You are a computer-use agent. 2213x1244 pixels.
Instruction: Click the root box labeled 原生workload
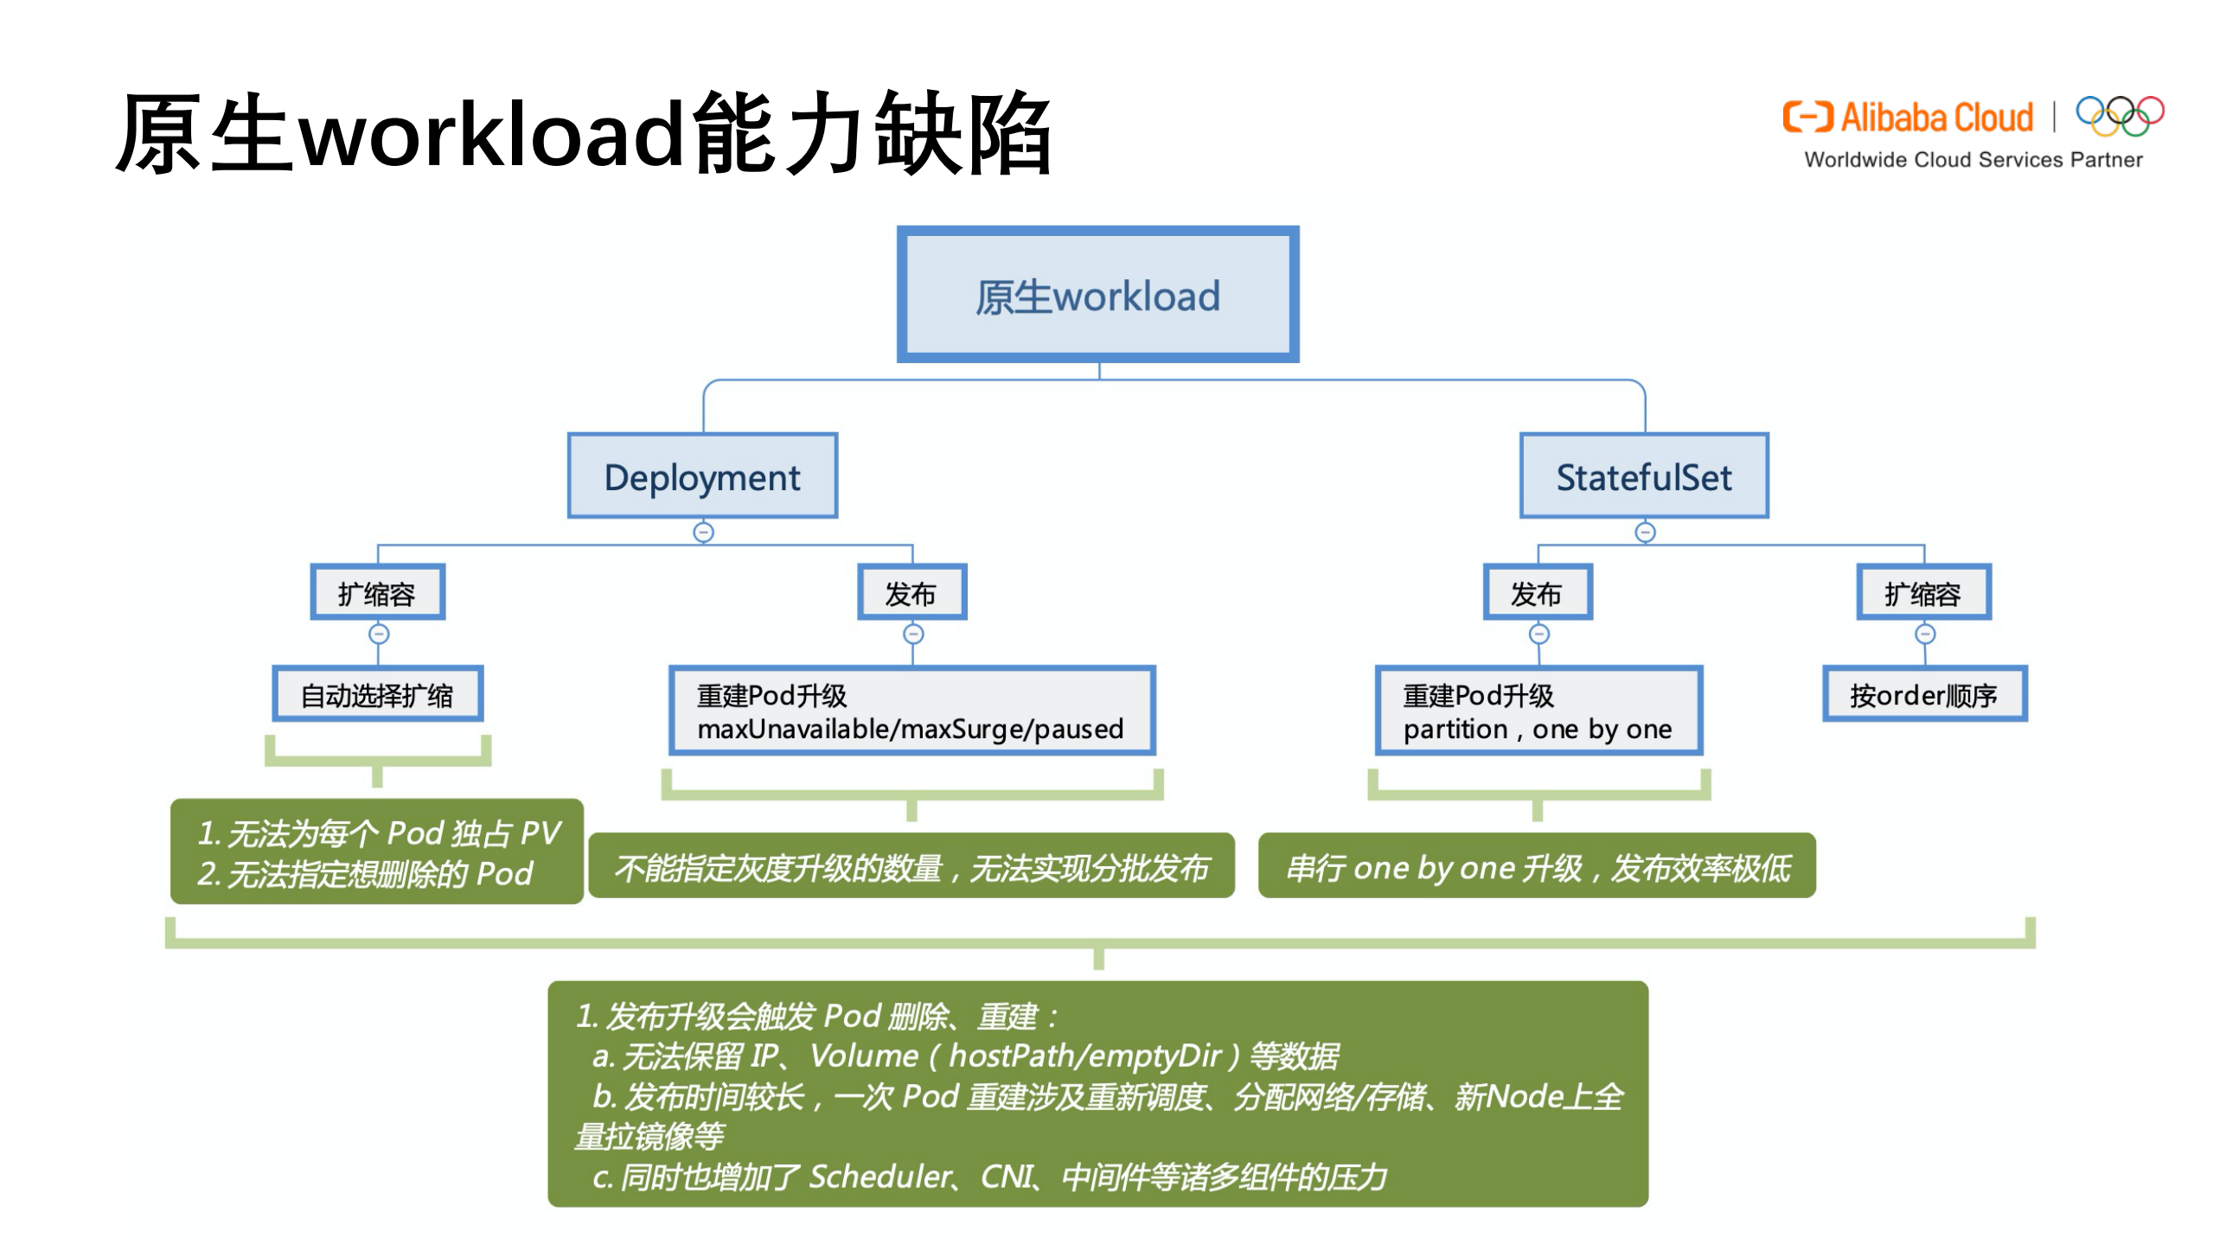point(1097,295)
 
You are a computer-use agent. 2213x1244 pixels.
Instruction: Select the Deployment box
point(701,476)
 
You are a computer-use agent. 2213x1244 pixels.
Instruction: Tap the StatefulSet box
point(1643,476)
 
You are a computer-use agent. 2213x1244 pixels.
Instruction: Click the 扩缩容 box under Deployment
point(377,593)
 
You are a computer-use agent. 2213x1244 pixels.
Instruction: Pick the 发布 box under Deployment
point(911,593)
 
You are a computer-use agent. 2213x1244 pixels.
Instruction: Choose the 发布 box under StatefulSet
point(1537,593)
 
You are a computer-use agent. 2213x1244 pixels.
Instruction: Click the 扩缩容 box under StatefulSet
point(1922,593)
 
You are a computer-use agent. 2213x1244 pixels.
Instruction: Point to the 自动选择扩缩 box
point(377,694)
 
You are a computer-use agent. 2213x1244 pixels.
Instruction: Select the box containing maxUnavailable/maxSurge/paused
point(911,711)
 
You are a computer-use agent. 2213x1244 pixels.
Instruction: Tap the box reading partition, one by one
point(1538,711)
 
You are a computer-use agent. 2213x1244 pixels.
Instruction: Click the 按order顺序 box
point(1923,694)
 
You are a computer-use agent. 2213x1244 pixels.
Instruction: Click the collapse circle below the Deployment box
point(703,532)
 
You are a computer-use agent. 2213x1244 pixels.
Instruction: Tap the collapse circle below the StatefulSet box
point(1644,532)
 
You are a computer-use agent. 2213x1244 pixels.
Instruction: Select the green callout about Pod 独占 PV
point(377,852)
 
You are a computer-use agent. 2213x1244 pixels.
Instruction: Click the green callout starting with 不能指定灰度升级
point(911,866)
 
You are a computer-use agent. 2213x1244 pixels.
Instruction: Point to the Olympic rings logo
point(2119,116)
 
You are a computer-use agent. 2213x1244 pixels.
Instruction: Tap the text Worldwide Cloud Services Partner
point(1972,160)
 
